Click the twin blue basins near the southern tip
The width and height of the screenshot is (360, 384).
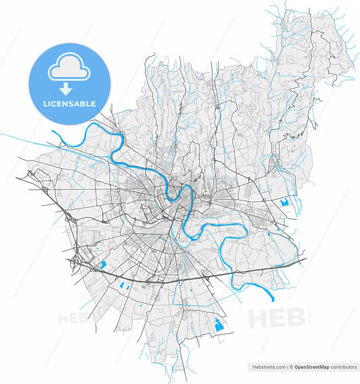tap(217, 325)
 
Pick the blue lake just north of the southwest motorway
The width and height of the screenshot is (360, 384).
tap(103, 265)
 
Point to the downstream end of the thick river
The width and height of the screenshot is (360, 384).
tap(272, 297)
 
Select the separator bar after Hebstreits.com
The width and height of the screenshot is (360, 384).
tap(288, 367)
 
